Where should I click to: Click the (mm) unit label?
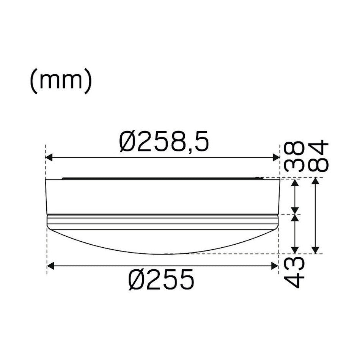coord(61,81)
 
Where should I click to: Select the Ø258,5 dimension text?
coord(164,141)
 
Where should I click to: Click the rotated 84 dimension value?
coord(318,156)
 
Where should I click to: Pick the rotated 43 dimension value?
coord(294,272)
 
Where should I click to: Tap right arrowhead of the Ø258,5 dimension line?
coord(276,157)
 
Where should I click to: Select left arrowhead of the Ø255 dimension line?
coord(50,266)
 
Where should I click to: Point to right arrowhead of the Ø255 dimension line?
coord(275,266)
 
